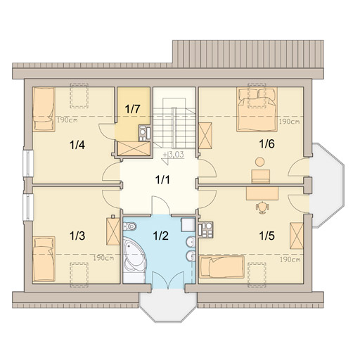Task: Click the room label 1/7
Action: [x=132, y=109]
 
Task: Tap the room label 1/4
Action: [x=77, y=145]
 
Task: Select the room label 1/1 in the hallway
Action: [x=162, y=180]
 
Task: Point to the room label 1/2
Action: [x=161, y=236]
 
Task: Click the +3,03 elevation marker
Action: [x=174, y=155]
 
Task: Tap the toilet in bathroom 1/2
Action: [x=129, y=226]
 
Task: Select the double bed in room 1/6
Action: [x=257, y=110]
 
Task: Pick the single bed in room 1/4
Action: [x=44, y=109]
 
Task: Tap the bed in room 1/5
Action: [x=221, y=267]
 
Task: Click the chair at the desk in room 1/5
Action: [x=262, y=207]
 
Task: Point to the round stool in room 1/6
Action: [x=260, y=162]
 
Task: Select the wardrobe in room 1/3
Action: [x=113, y=231]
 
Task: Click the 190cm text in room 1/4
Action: [x=67, y=121]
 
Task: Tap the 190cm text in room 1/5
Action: [x=290, y=259]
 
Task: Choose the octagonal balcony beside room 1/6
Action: [x=328, y=184]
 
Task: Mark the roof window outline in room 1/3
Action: [x=79, y=275]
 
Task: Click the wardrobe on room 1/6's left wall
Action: [x=205, y=136]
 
